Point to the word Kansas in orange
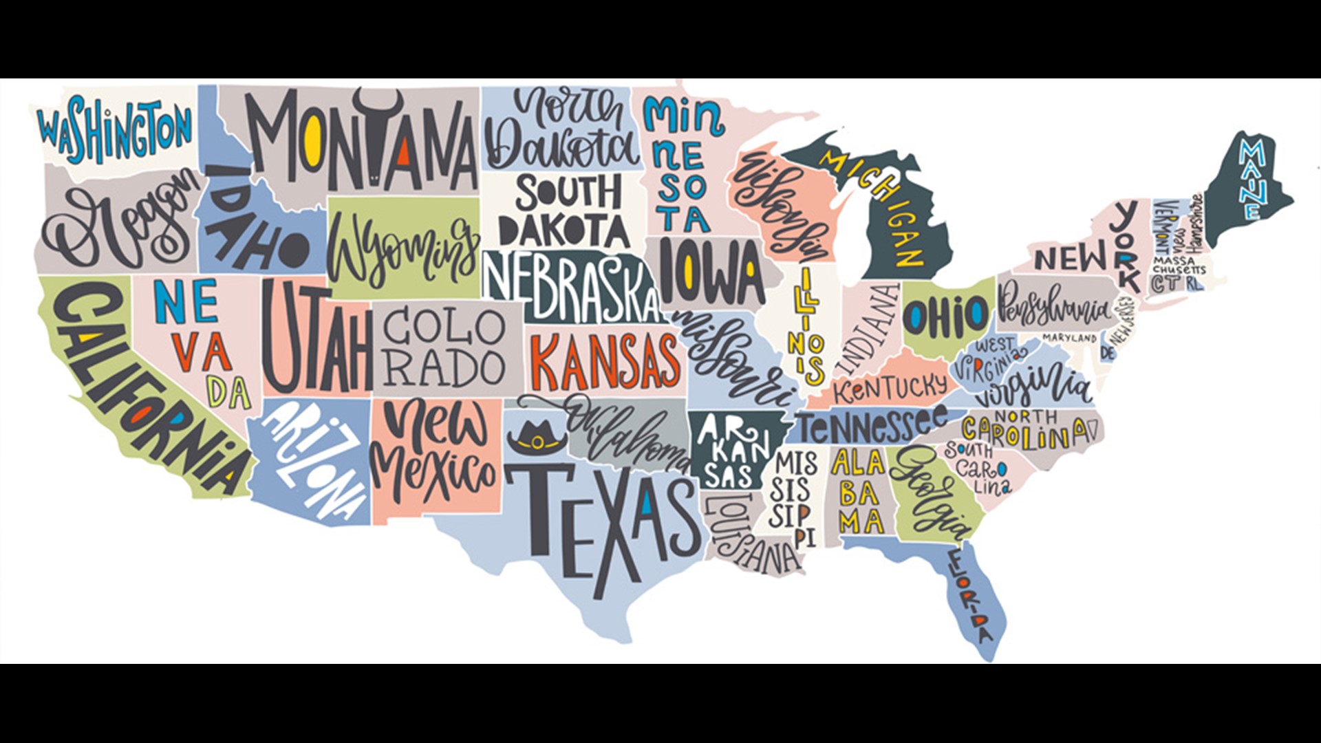[x=605, y=363]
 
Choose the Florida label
[x=972, y=595]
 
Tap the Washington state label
[x=115, y=131]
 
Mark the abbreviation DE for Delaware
[x=1107, y=354]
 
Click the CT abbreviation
[x=1164, y=283]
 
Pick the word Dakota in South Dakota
[x=563, y=229]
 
